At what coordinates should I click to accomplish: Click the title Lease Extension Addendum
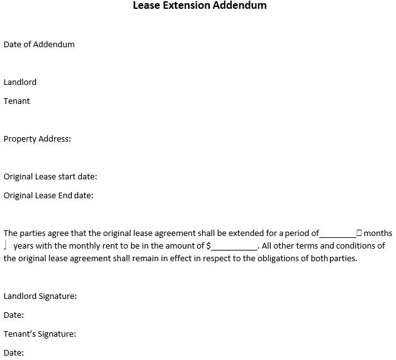[200, 6]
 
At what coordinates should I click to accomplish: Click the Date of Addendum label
[39, 44]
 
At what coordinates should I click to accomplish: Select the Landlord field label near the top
[20, 82]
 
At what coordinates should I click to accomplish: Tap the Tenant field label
[17, 101]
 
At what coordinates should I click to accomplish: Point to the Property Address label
[37, 138]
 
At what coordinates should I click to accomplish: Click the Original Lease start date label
[50, 177]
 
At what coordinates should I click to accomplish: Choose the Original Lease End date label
[48, 195]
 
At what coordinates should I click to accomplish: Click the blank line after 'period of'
[337, 233]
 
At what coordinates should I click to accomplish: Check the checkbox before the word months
[359, 233]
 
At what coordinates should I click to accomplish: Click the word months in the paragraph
[378, 233]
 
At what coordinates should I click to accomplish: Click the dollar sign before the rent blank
[208, 245]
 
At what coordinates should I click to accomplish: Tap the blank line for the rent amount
[234, 247]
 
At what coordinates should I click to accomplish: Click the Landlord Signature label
[40, 296]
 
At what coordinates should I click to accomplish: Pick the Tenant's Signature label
[40, 334]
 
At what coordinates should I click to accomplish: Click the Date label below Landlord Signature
[14, 315]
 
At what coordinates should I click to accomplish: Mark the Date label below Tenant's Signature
[14, 352]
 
